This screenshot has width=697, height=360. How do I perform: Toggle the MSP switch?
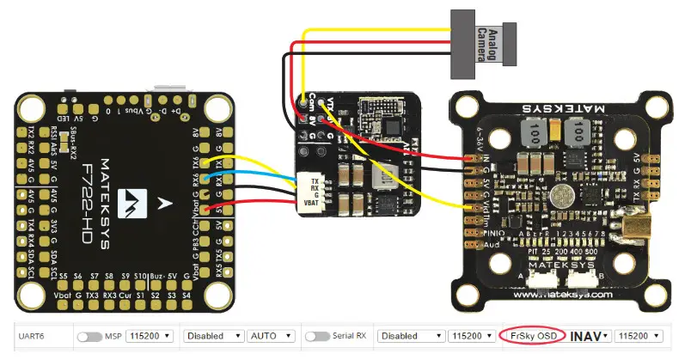tap(89, 336)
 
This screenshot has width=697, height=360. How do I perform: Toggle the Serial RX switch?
tap(317, 336)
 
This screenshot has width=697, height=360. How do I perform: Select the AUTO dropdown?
tap(270, 336)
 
